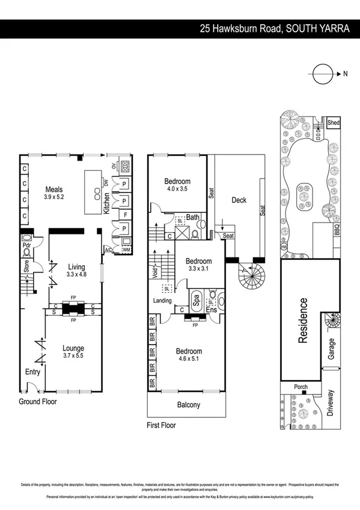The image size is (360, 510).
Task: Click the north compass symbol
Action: [x=322, y=74]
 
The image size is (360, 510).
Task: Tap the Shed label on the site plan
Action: [x=333, y=123]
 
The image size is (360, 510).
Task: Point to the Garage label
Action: [x=332, y=349]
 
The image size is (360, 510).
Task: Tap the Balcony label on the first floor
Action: [x=189, y=405]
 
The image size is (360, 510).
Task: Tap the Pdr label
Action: [x=26, y=246]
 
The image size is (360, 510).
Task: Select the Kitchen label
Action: [x=107, y=204]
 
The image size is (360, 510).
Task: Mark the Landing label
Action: [x=162, y=301]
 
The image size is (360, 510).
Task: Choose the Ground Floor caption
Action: [x=37, y=401]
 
